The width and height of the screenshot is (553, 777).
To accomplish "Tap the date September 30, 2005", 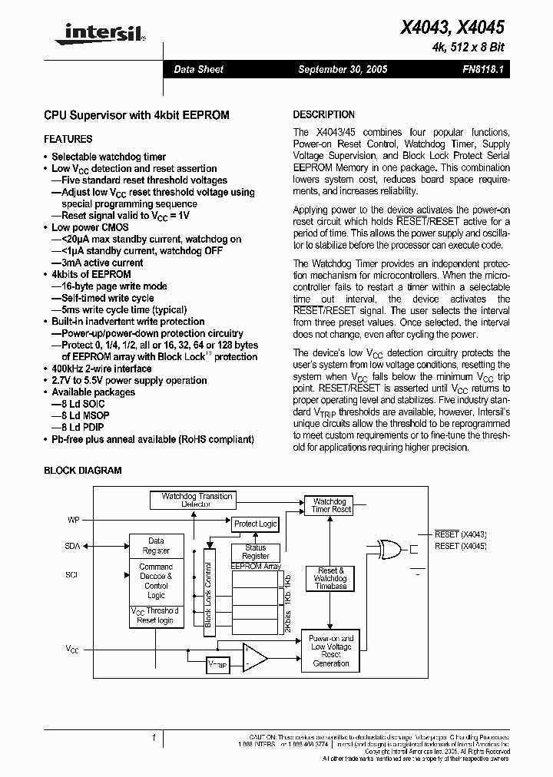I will pos(343,69).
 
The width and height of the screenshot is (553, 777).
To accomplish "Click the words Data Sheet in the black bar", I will pos(198,69).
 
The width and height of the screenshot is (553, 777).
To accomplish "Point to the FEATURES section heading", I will pos(68,139).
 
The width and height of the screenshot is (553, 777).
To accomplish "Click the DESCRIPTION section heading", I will pos(324,114).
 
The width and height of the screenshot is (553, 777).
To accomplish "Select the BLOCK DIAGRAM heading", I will pos(83,471).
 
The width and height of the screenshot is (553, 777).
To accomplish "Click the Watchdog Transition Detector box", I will pos(197,501).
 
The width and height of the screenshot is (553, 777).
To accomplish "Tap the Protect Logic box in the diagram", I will pos(256,524).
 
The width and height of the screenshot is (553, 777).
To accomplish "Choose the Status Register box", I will pos(256,552).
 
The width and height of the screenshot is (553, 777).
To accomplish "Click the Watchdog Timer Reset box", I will pos(331,505).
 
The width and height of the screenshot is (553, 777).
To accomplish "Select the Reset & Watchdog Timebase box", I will pos(331,578).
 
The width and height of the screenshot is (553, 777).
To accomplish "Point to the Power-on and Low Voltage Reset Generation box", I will pos(331,650).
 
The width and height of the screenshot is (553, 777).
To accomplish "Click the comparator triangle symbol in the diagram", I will pos(254,656).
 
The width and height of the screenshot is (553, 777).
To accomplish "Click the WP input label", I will pos(74,520).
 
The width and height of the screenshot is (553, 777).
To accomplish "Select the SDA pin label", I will pos(72,546).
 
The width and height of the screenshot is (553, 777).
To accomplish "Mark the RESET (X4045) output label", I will pos(460,546).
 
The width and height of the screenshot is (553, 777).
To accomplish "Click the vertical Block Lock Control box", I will pos(207,587).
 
